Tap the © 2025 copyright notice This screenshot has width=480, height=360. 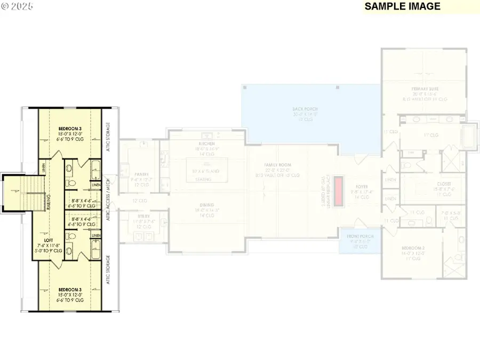(x=18, y=6)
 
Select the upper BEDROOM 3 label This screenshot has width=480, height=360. (x=69, y=129)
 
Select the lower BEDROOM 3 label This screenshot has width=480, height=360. (x=69, y=290)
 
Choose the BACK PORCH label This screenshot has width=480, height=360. (x=305, y=109)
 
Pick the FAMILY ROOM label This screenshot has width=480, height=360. (x=277, y=166)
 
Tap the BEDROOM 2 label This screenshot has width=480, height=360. (x=414, y=249)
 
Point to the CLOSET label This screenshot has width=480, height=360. (x=429, y=184)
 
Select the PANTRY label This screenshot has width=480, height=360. (x=141, y=174)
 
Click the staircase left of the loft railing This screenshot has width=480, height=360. (x=19, y=195)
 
